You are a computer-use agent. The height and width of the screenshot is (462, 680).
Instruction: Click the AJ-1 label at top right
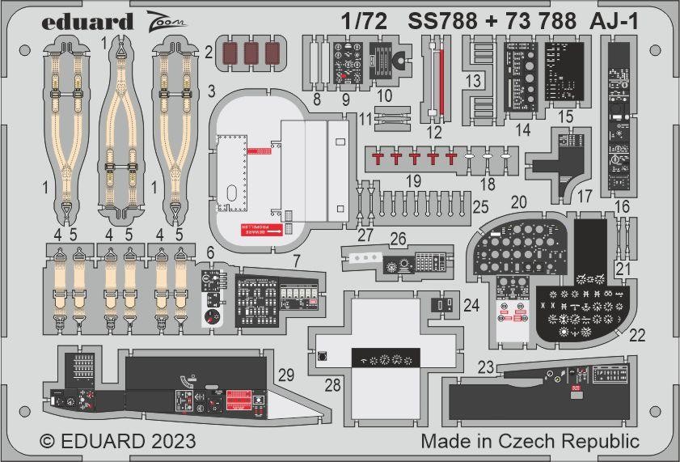click(615, 22)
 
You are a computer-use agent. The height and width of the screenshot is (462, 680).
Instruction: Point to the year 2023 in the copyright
click(169, 442)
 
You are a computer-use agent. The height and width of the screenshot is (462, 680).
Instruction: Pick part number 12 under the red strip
click(436, 132)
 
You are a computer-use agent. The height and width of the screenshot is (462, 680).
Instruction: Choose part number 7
click(296, 261)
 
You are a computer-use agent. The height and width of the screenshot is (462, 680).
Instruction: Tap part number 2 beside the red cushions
click(209, 54)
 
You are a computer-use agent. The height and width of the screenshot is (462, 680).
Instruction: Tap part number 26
click(398, 239)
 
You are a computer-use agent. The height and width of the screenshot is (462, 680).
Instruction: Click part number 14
click(522, 130)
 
